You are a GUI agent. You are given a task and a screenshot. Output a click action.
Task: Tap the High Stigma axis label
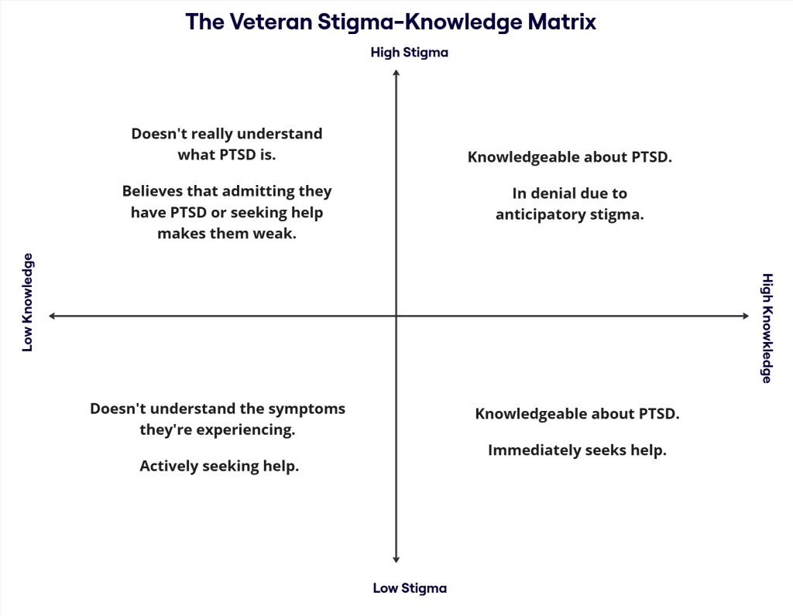pyautogui.click(x=410, y=53)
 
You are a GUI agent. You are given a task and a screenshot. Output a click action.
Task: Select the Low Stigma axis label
pyautogui.click(x=410, y=588)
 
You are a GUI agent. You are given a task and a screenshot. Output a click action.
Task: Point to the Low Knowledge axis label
pyautogui.click(x=28, y=303)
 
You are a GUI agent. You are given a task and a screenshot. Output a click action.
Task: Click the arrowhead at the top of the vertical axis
pyautogui.click(x=396, y=72)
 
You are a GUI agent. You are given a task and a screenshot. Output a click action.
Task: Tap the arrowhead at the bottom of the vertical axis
pyautogui.click(x=396, y=559)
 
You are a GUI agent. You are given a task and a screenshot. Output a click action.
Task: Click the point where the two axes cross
pyautogui.click(x=396, y=316)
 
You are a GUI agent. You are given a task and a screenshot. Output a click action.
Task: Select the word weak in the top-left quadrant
pyautogui.click(x=276, y=233)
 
